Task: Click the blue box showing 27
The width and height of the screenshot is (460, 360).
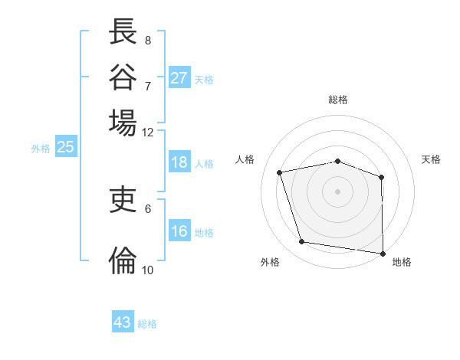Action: click(x=179, y=78)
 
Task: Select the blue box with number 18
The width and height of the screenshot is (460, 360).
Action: click(x=179, y=162)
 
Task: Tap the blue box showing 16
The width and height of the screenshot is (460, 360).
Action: click(x=179, y=232)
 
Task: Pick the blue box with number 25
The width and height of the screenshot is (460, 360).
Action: click(x=66, y=148)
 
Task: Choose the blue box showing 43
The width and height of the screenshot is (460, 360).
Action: click(x=123, y=322)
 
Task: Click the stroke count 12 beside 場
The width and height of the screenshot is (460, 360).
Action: click(x=148, y=132)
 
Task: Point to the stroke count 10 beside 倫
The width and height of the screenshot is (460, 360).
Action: click(x=148, y=270)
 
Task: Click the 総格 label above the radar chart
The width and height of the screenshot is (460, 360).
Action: click(x=338, y=100)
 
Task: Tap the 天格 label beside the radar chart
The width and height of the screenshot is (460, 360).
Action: click(x=432, y=159)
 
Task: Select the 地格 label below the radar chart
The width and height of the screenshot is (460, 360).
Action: click(x=402, y=263)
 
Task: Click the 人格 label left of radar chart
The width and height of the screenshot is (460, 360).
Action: click(x=245, y=159)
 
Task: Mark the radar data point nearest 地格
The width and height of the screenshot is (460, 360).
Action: click(x=383, y=253)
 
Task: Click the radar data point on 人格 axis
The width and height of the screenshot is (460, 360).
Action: click(x=280, y=172)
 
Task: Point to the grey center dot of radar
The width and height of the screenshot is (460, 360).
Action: click(x=337, y=191)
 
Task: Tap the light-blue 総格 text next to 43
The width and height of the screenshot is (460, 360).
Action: click(x=147, y=324)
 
